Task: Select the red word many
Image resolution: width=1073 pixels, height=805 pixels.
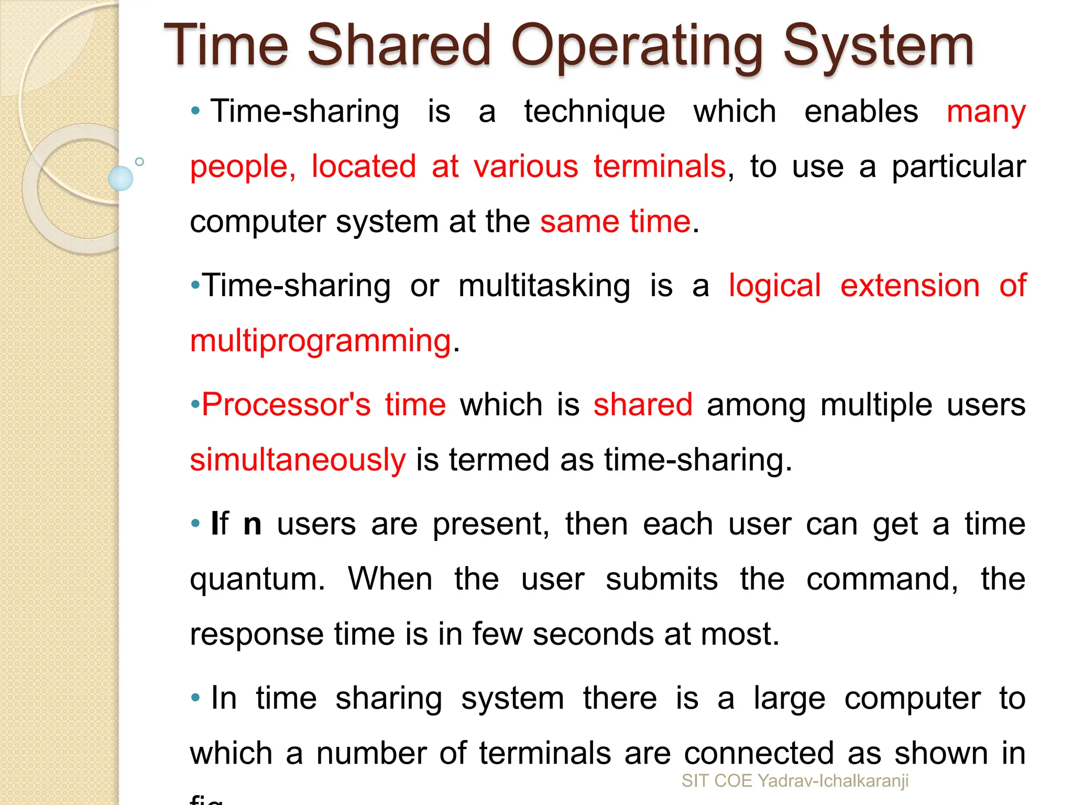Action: click(986, 113)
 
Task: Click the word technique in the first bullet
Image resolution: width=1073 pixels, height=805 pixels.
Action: click(595, 112)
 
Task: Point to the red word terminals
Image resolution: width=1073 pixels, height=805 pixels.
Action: click(660, 167)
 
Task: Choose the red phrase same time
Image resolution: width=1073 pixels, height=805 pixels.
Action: click(616, 221)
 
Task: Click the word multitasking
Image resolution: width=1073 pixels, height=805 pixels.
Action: click(544, 286)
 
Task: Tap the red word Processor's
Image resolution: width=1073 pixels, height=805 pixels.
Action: click(286, 405)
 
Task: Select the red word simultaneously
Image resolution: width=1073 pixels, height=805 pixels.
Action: click(298, 460)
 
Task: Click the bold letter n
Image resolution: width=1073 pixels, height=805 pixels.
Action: click(253, 524)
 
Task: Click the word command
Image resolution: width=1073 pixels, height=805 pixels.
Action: click(882, 579)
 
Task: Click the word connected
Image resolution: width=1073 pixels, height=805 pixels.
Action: click(759, 754)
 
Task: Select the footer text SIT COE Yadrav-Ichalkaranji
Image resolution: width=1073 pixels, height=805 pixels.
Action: click(795, 781)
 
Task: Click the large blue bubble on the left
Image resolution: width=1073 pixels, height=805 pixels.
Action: click(121, 178)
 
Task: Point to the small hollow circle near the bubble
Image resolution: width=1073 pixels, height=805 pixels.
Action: click(139, 162)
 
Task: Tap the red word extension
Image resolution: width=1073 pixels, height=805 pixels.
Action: click(910, 286)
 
